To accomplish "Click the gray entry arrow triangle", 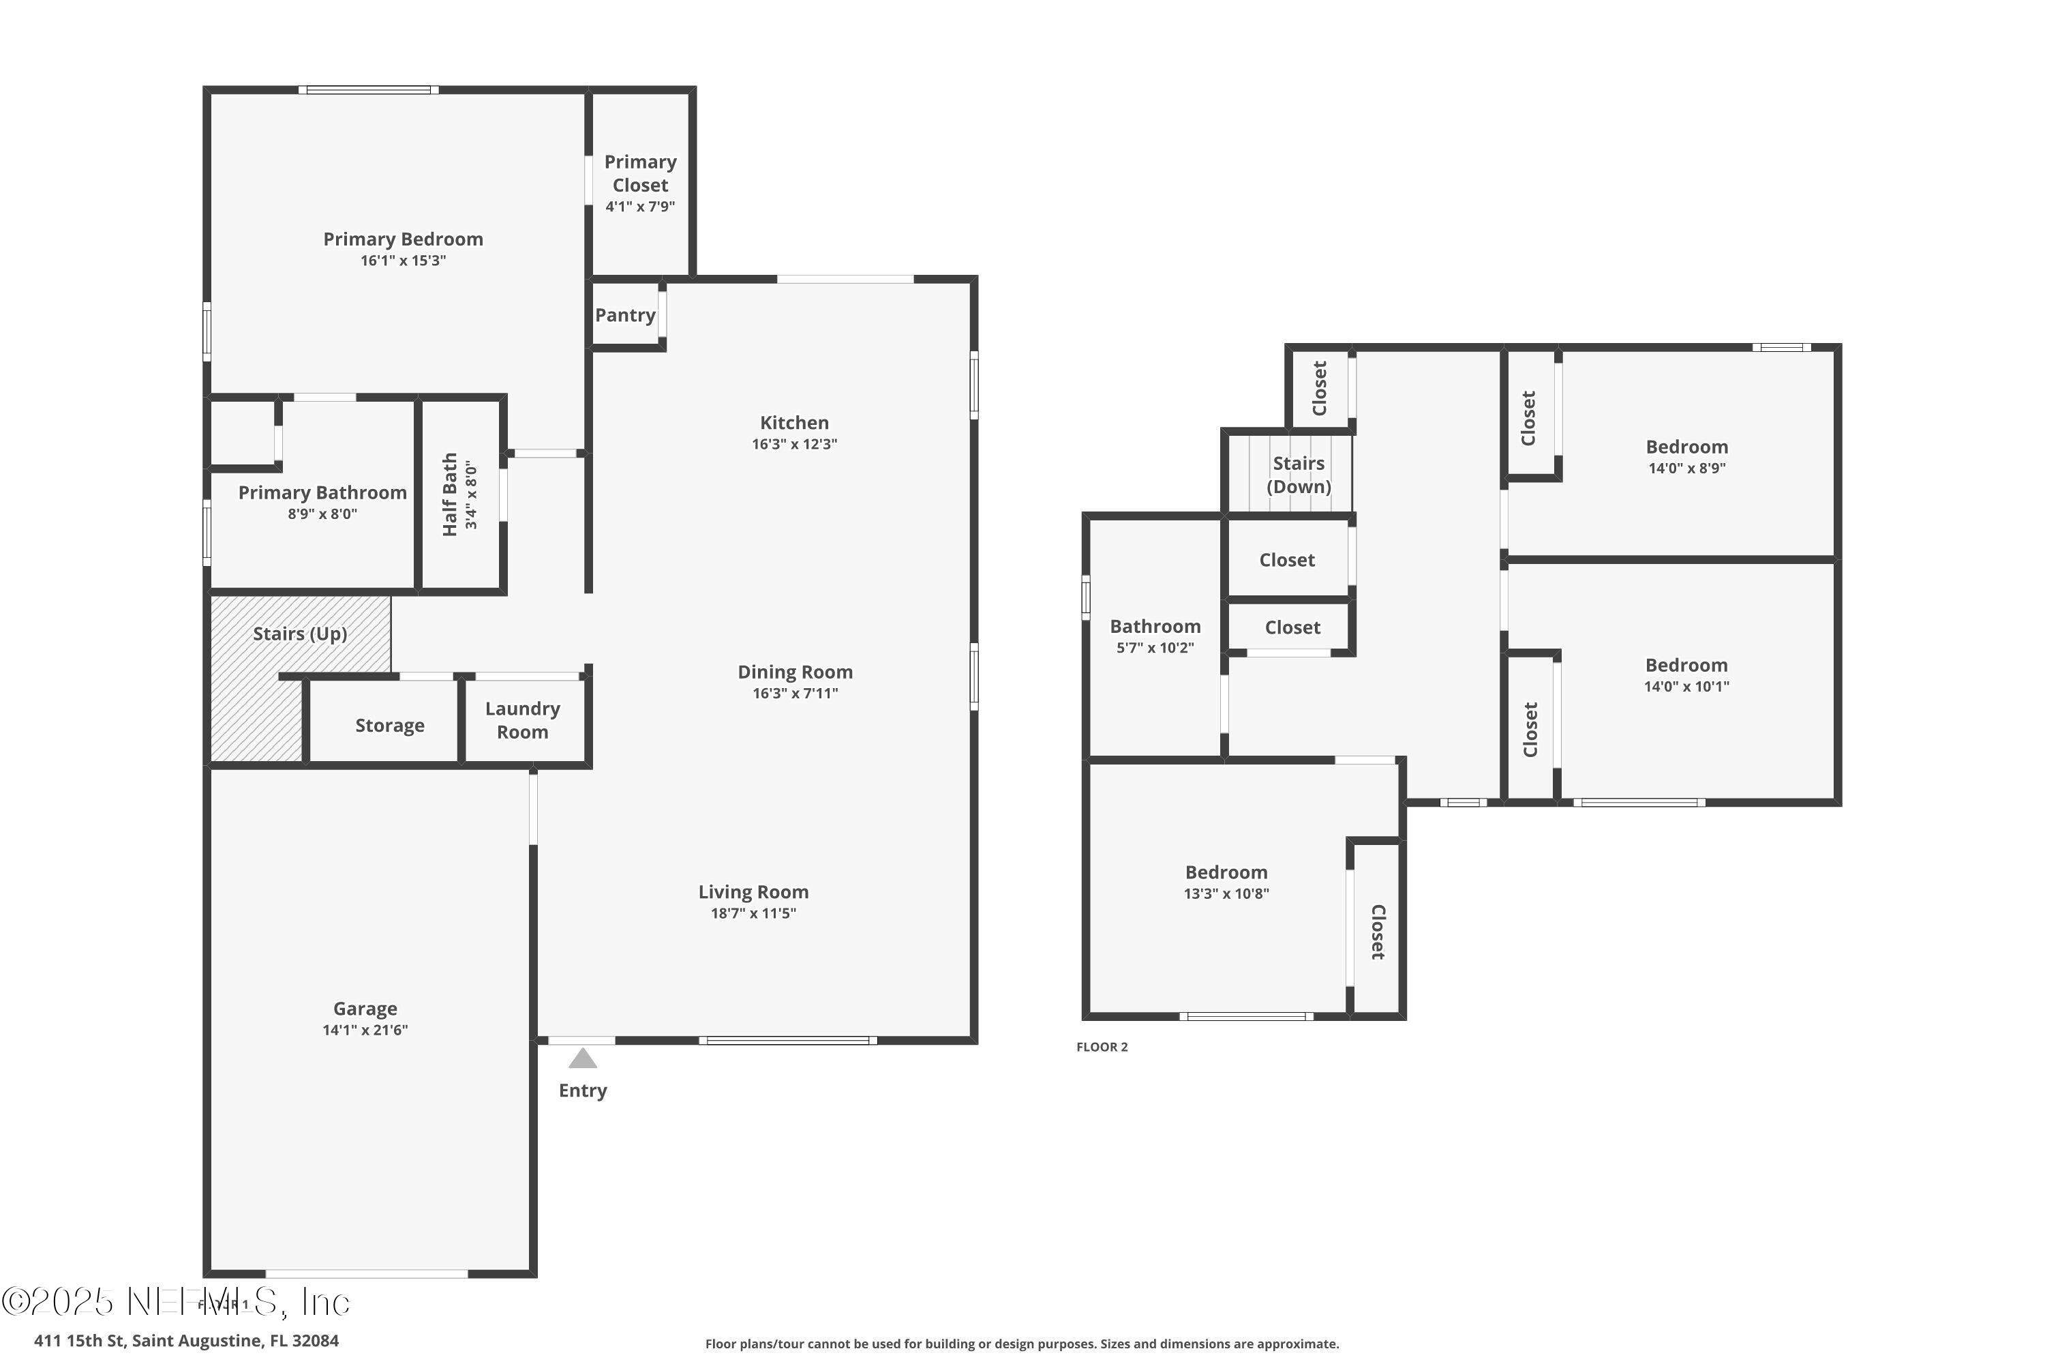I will click(583, 1058).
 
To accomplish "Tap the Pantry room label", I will click(624, 315).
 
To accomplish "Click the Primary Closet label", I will click(640, 173).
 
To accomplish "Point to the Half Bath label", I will click(449, 494).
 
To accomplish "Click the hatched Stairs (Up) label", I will click(300, 634).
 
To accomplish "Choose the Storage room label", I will click(389, 726).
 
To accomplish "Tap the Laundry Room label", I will click(521, 720).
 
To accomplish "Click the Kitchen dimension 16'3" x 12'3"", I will click(794, 444).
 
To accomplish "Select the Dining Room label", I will click(795, 672).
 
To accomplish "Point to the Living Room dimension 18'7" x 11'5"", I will click(753, 913).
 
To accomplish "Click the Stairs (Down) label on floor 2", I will click(1298, 475).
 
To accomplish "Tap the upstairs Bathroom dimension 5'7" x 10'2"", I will click(1155, 647).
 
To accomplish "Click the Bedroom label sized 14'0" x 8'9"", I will click(1686, 447).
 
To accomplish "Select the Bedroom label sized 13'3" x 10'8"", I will click(1226, 872).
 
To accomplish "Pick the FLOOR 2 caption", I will click(1102, 1046).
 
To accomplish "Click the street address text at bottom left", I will click(186, 1341).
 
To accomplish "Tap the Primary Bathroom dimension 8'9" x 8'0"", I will click(322, 514).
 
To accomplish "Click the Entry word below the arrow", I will click(583, 1090).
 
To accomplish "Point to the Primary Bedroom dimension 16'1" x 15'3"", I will click(403, 260).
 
